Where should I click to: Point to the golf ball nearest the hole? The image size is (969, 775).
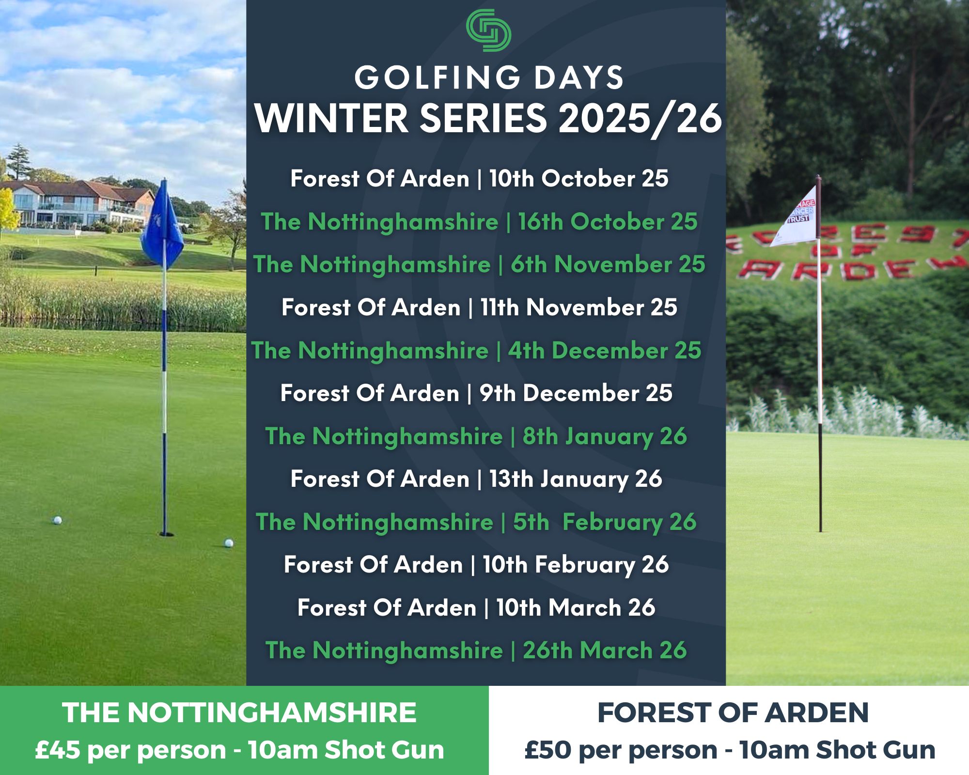pos(228,543)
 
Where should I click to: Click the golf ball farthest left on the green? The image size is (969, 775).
pos(57,520)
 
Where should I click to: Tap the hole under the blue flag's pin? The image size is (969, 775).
pos(166,534)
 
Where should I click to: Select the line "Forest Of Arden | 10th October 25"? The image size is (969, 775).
pos(480,179)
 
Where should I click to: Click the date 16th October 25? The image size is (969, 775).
pos(608,222)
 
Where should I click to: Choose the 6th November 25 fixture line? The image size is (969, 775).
pos(479,264)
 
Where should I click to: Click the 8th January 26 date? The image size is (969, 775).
pos(605,436)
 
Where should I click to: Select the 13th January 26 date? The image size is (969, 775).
pos(576,479)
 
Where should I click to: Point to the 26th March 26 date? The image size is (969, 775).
pos(605,650)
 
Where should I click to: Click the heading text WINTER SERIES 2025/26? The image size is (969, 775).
pos(488,119)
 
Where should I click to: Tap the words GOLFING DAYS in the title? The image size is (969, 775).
pos(489,77)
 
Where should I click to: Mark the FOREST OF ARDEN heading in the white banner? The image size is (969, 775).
pos(733,713)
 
